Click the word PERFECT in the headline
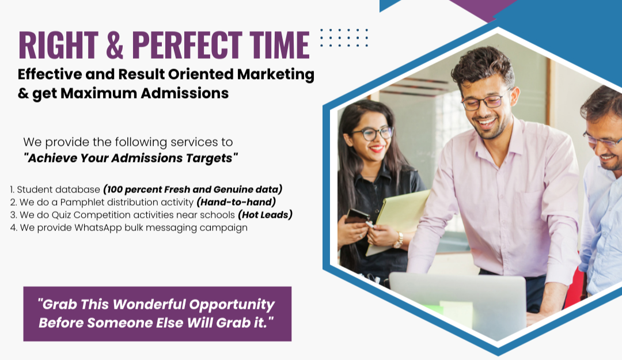click(187, 45)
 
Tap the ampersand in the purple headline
click(115, 45)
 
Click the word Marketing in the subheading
click(276, 75)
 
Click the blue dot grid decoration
click(344, 37)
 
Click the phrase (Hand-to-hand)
click(237, 202)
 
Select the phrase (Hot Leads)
click(266, 215)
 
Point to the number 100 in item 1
click(114, 190)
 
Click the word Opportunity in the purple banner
click(232, 305)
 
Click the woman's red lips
click(377, 149)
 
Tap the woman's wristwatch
click(399, 240)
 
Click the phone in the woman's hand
click(356, 217)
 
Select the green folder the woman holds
click(397, 222)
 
